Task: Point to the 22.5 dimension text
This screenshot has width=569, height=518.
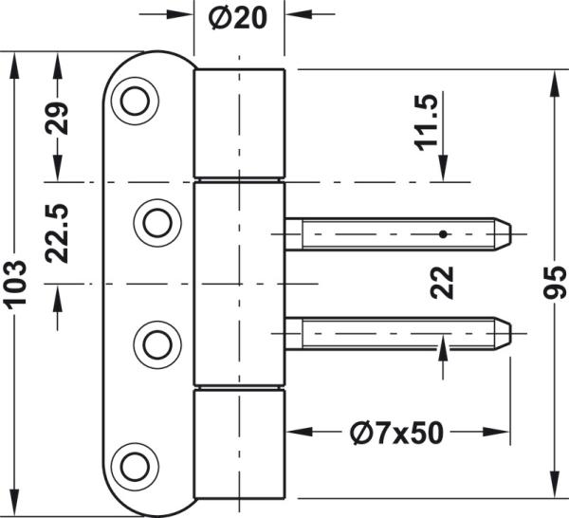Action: [60, 232]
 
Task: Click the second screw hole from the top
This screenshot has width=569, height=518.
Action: [156, 221]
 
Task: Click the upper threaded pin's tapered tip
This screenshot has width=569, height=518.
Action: [504, 232]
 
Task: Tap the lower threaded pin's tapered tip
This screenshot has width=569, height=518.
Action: [504, 332]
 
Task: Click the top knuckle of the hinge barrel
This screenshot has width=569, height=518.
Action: [240, 123]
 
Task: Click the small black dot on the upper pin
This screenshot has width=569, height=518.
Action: [442, 232]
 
